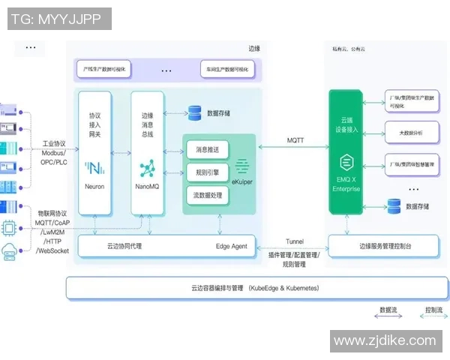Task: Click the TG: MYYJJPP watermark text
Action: point(57,19)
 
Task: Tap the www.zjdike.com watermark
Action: point(384,340)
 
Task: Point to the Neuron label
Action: point(94,186)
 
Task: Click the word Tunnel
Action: point(294,241)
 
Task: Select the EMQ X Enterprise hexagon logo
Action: point(346,162)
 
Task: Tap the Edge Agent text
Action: point(232,246)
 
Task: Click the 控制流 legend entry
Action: point(433,309)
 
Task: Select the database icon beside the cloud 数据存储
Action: point(393,205)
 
